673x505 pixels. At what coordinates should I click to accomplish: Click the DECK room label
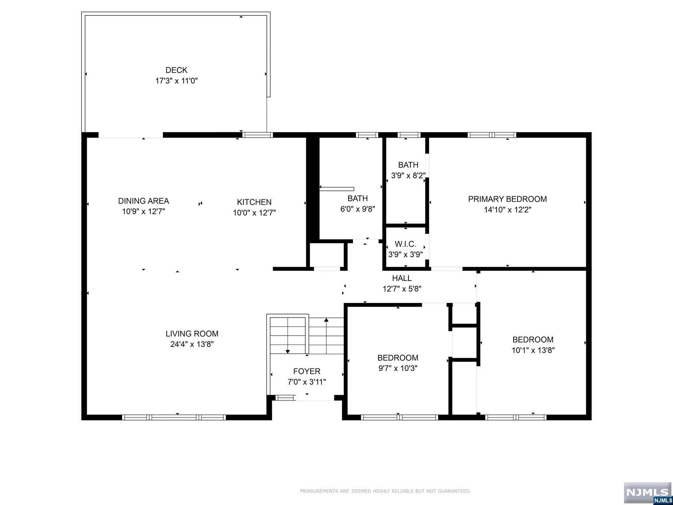(x=176, y=70)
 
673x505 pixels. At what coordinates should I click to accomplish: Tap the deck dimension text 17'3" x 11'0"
(x=176, y=81)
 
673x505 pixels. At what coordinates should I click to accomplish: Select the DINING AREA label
(x=144, y=201)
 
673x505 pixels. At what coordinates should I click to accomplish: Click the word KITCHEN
(x=254, y=202)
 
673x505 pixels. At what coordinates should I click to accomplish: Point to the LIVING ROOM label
(x=192, y=334)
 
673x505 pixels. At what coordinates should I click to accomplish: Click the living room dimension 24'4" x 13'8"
(x=192, y=344)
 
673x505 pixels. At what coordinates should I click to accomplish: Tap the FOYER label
(x=307, y=371)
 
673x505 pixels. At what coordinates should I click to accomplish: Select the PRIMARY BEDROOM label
(x=507, y=199)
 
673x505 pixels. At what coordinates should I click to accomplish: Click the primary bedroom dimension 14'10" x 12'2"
(x=507, y=210)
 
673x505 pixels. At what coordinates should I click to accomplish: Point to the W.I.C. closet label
(x=406, y=244)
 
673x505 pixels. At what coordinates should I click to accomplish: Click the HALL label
(x=402, y=278)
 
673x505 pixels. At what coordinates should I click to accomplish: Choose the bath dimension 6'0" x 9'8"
(x=358, y=209)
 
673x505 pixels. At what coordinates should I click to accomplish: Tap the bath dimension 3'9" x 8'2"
(x=408, y=175)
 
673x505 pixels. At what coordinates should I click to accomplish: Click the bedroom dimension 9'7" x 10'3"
(x=398, y=368)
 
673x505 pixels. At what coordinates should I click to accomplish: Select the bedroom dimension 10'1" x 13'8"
(x=533, y=350)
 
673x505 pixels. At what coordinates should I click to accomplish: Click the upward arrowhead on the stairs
(x=326, y=319)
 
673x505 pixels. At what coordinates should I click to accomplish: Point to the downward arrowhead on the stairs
(x=288, y=352)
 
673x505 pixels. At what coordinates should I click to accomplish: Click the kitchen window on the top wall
(x=258, y=135)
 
